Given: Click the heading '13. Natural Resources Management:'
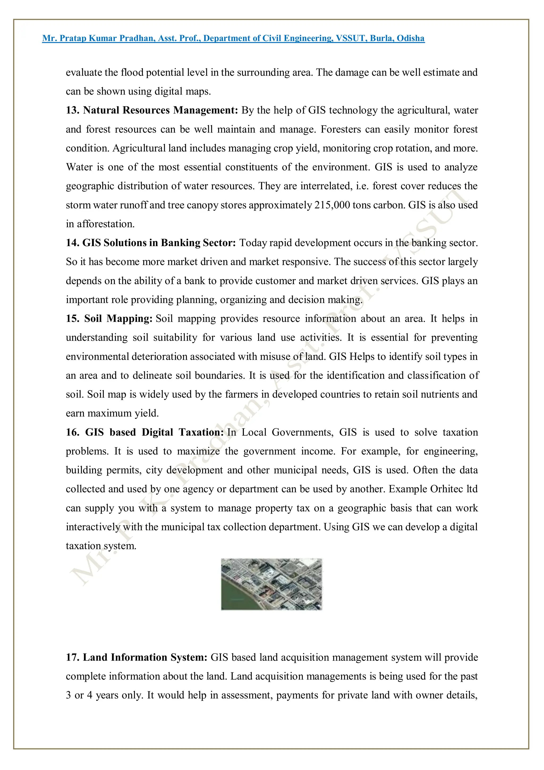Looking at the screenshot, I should pyautogui.click(x=151, y=110).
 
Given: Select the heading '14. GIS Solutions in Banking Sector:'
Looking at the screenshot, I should pyautogui.click(x=151, y=243).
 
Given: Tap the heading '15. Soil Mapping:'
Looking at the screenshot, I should pyautogui.click(x=109, y=319).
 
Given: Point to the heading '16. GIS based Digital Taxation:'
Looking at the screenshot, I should pyautogui.click(x=144, y=432).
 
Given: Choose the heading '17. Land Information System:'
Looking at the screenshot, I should pyautogui.click(x=137, y=657).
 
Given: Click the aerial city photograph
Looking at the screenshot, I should pyautogui.click(x=271, y=584).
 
